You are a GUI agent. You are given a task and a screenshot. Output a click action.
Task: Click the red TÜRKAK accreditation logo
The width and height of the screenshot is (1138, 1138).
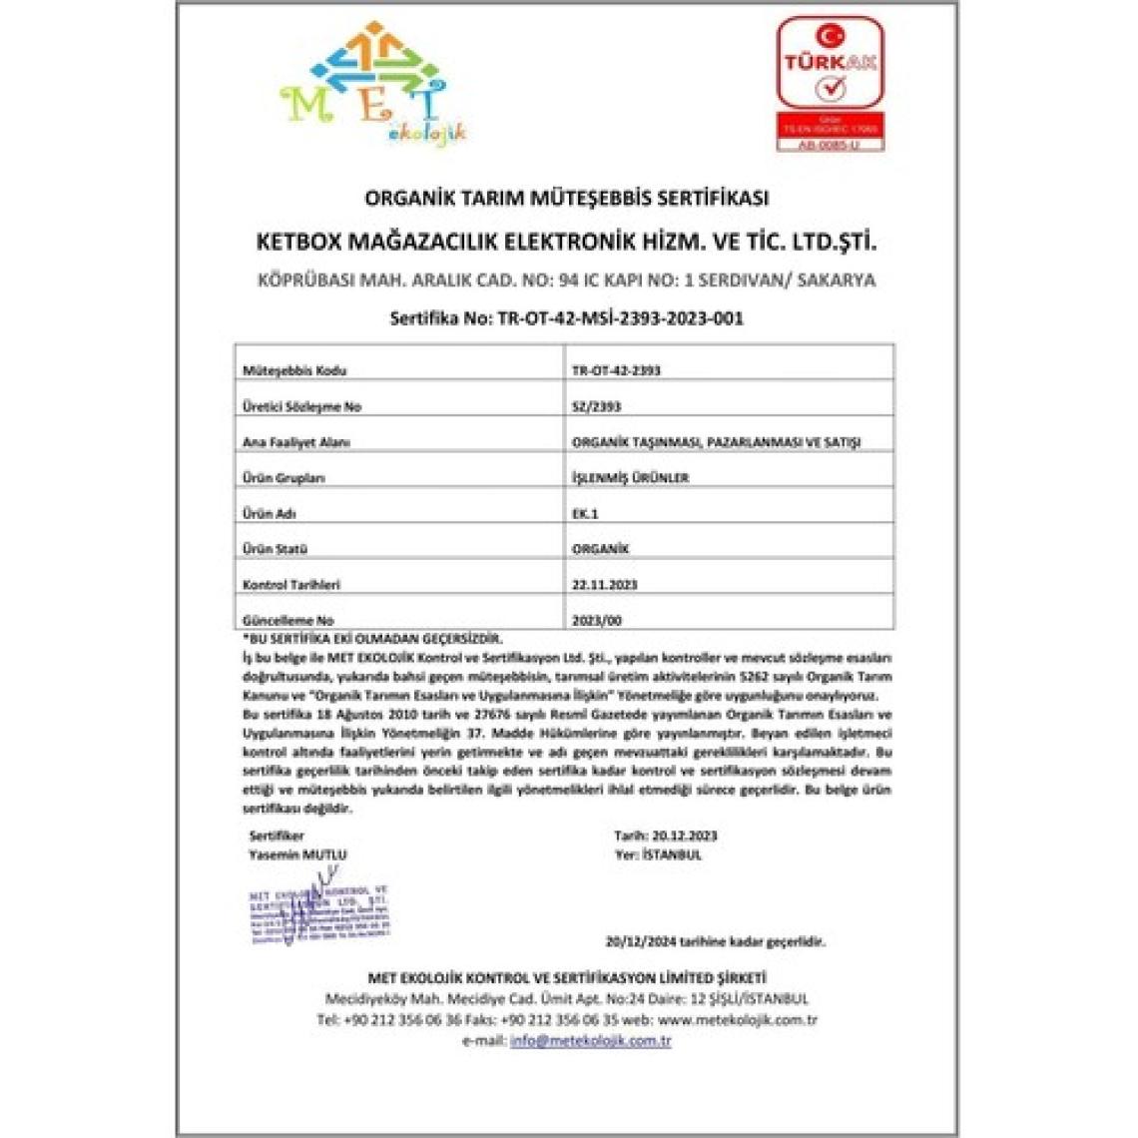point(829,84)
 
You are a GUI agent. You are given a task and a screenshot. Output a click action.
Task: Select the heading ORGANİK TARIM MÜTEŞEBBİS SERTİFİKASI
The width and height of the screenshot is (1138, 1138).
point(566,198)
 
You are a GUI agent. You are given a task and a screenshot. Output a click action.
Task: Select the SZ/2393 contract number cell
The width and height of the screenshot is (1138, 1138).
point(592,406)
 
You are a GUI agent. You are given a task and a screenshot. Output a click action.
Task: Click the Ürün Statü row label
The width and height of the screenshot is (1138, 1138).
point(275,549)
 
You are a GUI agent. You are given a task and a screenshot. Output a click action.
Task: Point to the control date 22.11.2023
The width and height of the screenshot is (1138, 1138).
point(604,584)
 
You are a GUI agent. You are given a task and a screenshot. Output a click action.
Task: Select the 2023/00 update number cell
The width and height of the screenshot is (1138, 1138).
point(597,620)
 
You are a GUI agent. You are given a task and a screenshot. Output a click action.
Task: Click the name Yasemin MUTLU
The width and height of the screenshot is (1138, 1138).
point(297,854)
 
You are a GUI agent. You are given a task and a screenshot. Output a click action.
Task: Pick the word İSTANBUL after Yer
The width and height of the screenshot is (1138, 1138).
point(673,854)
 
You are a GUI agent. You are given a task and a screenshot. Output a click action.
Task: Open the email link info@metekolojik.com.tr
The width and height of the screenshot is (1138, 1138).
point(590,1040)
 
